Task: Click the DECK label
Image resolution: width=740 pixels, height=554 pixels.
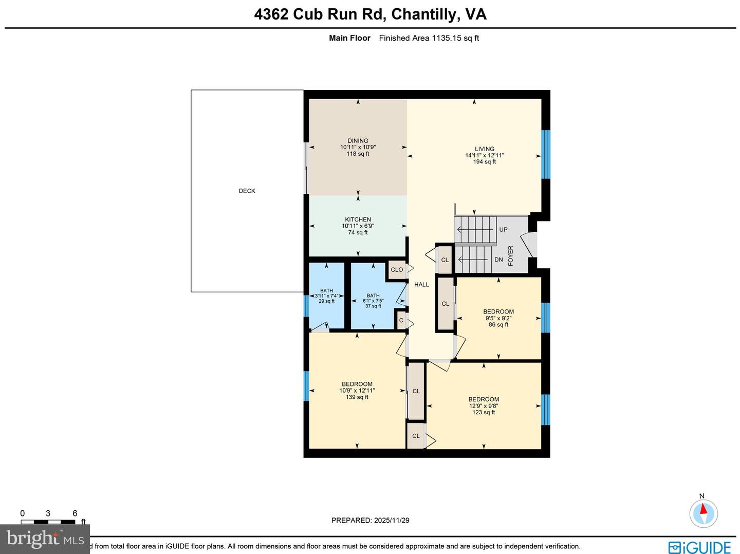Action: [247, 191]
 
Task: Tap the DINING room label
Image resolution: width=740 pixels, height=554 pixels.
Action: [358, 141]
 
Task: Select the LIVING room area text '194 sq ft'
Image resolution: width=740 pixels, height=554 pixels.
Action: [484, 162]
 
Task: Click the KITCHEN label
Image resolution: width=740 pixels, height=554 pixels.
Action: [358, 219]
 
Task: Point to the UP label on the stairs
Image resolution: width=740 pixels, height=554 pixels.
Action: [503, 230]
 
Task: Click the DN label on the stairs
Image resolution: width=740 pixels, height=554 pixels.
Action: [498, 260]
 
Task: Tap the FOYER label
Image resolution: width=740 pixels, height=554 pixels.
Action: [511, 255]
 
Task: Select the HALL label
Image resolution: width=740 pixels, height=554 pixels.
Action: [421, 284]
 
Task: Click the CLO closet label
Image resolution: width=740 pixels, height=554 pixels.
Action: [397, 270]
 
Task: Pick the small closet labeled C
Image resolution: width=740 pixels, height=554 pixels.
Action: [401, 321]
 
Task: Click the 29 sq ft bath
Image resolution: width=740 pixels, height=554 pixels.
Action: [326, 296]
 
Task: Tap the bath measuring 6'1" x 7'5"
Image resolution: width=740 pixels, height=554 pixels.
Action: [373, 301]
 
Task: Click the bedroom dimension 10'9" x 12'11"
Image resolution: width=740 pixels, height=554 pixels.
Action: [357, 391]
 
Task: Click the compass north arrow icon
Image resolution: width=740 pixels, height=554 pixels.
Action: [702, 512]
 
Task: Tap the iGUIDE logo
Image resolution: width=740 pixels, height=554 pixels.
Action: [699, 547]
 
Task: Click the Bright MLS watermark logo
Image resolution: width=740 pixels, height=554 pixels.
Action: [45, 539]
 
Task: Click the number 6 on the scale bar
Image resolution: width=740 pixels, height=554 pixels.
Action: [75, 513]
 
